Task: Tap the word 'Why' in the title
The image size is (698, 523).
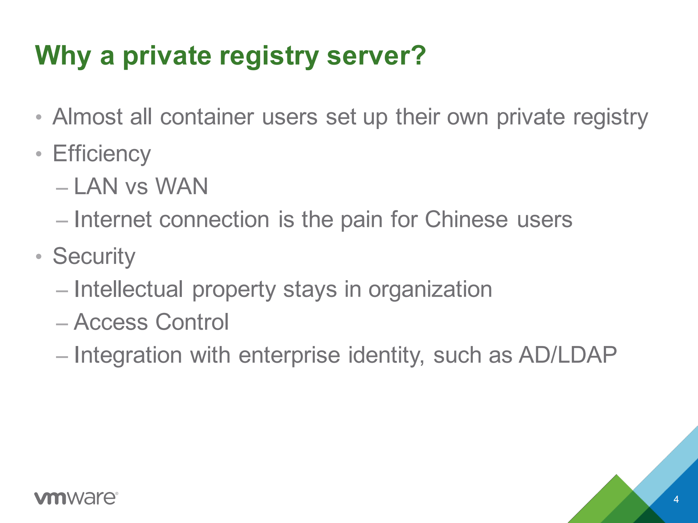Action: click(x=63, y=56)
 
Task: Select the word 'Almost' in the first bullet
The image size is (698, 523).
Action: click(x=87, y=117)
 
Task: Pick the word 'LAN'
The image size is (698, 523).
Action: click(x=96, y=186)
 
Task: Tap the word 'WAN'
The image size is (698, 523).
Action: click(x=182, y=186)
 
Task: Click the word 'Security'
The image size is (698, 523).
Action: click(x=94, y=256)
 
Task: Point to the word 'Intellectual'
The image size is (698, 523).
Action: click(x=128, y=289)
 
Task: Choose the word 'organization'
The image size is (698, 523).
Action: click(x=430, y=290)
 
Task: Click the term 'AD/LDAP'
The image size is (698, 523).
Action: click(x=568, y=355)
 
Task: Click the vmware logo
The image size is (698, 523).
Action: click(x=76, y=498)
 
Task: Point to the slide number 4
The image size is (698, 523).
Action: click(x=676, y=499)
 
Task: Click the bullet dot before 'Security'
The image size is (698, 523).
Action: click(x=39, y=257)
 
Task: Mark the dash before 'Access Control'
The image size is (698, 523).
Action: click(x=62, y=323)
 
